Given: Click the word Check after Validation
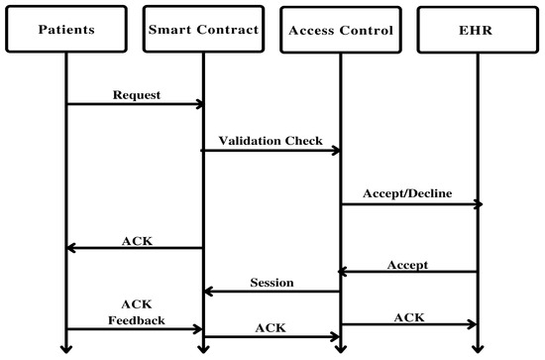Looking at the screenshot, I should pyautogui.click(x=303, y=141).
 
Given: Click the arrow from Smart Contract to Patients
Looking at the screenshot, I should pyautogui.click(x=135, y=249).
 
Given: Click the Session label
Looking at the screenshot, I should pyautogui.click(x=272, y=282).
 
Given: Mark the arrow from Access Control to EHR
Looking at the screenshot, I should pyautogui.click(x=408, y=324).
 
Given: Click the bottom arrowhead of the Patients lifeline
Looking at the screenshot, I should pyautogui.click(x=66, y=347).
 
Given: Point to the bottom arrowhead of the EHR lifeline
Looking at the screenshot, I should pyautogui.click(x=477, y=347).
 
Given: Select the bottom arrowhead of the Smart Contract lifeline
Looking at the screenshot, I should pyautogui.click(x=203, y=347).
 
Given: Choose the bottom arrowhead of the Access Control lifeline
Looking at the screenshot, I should pyautogui.click(x=340, y=347).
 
